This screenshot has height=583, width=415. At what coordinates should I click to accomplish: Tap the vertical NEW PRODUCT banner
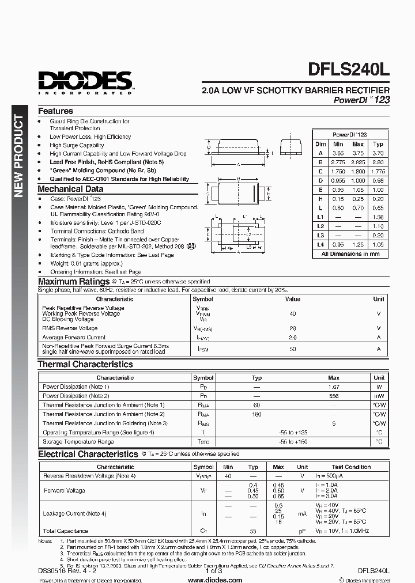point(18,156)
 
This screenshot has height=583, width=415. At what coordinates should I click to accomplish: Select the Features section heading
point(55,111)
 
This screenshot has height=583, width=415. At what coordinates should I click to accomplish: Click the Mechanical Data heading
point(70,188)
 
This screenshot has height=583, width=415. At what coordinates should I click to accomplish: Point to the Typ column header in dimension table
point(378,144)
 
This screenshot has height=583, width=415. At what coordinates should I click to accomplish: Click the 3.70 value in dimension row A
point(378,153)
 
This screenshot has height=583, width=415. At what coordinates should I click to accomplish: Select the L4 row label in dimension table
point(320,244)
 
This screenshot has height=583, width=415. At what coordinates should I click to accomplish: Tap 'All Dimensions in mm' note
point(350,253)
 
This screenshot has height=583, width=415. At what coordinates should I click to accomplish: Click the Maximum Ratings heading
point(73,281)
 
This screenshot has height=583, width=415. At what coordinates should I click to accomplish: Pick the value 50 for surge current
point(292,349)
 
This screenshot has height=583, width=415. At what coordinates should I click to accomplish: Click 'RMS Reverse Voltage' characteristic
point(70,328)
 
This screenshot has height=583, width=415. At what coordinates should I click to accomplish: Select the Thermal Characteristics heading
point(85,364)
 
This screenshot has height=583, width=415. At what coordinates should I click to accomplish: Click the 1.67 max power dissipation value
point(334,387)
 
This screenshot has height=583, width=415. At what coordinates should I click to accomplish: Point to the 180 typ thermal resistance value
point(256,414)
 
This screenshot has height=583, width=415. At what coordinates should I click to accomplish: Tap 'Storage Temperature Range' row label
point(78,441)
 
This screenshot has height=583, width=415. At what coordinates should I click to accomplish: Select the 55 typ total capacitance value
point(253,531)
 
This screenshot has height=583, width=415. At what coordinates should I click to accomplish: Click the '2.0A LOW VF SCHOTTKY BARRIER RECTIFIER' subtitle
point(295,90)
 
